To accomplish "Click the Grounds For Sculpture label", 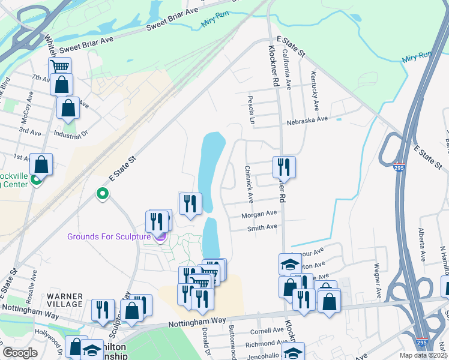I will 108,236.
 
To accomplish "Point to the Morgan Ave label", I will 259,214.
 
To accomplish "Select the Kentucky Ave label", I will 313,85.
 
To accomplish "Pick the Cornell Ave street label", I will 267,331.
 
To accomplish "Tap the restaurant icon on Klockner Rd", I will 284,166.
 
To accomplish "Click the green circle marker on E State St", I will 103,194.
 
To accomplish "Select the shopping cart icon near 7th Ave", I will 59,67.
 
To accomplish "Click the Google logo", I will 20,352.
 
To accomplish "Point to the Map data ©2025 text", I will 423,355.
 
